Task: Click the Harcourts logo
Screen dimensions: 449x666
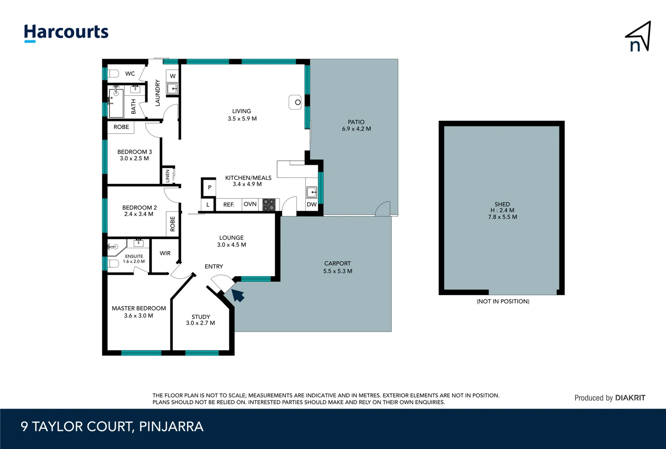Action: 66,32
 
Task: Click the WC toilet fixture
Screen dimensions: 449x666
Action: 113,74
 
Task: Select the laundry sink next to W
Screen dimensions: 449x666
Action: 172,88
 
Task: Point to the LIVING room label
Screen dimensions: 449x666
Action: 241,111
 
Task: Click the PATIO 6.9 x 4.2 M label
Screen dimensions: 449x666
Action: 356,125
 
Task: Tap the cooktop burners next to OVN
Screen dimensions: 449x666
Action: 269,205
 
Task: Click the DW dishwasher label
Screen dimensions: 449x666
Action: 312,205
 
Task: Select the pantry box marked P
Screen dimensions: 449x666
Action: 209,187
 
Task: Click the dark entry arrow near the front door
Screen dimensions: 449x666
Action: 238,295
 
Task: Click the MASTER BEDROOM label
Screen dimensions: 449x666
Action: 139,308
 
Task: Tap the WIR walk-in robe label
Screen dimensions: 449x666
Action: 165,253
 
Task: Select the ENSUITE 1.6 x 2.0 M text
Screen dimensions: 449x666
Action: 134,259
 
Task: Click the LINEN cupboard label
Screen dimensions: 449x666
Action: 168,175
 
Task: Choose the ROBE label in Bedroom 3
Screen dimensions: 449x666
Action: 121,127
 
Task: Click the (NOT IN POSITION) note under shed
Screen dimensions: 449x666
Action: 503,301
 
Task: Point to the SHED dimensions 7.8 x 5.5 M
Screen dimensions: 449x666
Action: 502,217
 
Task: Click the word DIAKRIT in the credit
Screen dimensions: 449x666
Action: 630,398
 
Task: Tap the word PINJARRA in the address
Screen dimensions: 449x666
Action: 171,427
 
